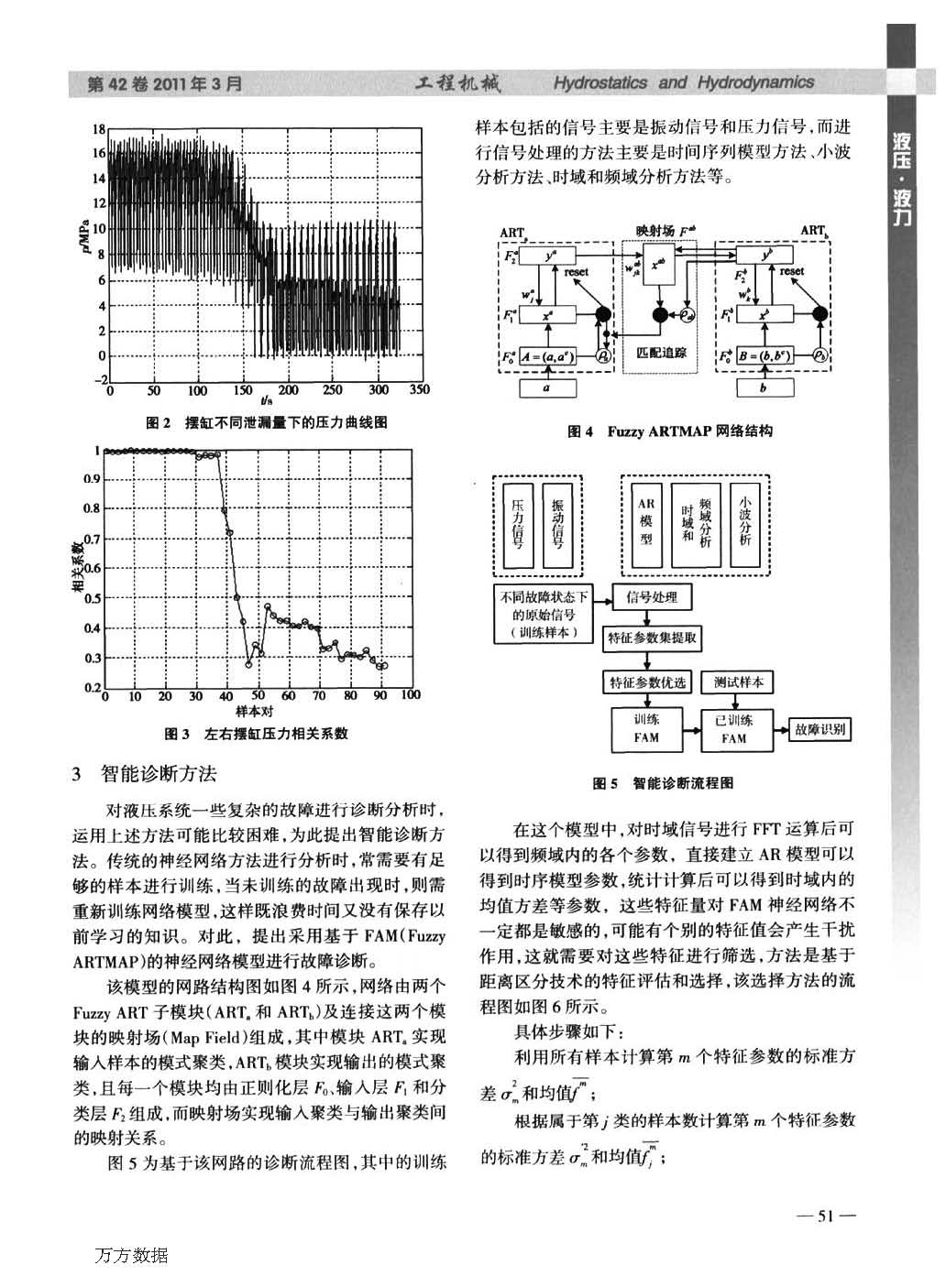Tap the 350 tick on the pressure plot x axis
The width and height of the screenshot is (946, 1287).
tap(419, 390)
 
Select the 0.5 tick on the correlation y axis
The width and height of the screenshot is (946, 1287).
tap(92, 599)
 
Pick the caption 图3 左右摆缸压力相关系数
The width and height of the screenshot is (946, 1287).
tap(256, 734)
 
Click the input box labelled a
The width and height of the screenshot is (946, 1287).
tap(548, 387)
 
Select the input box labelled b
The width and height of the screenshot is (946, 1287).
tap(764, 387)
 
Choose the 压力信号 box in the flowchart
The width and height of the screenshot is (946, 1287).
tap(517, 523)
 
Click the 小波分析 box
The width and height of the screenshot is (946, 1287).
tap(745, 523)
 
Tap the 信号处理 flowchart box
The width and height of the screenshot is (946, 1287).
tap(652, 597)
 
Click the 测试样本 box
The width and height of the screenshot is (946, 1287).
tap(737, 682)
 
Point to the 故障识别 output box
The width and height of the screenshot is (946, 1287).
tap(819, 729)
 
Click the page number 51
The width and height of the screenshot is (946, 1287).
tap(824, 1216)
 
